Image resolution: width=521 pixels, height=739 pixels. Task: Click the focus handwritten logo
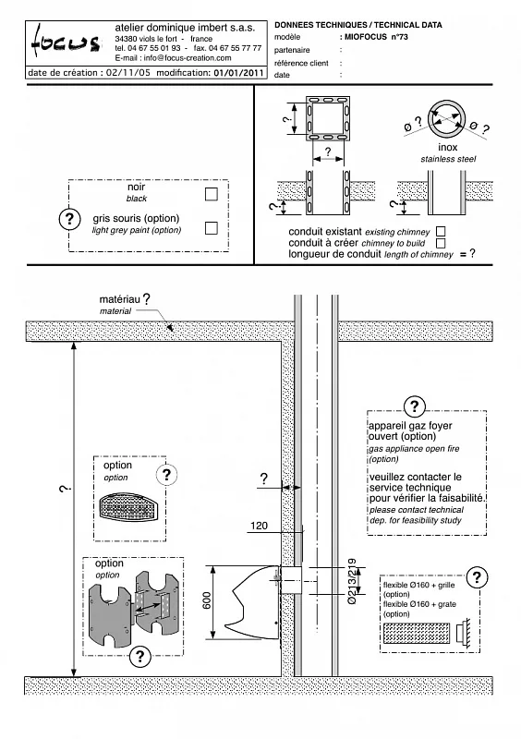tap(66, 42)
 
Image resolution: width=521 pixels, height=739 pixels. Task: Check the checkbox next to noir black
tap(212, 194)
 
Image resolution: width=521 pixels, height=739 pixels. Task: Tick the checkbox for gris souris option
tap(212, 227)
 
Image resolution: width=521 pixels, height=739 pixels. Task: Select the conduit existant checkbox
tap(441, 232)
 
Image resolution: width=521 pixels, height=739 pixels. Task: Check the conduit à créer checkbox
tap(441, 243)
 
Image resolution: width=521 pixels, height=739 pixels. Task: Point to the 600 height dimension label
tap(207, 600)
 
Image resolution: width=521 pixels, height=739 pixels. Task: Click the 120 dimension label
tap(259, 526)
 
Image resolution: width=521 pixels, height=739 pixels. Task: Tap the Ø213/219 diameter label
tap(352, 581)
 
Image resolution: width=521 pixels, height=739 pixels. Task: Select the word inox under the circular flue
tap(447, 148)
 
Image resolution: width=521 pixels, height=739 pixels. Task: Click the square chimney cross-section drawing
tap(328, 118)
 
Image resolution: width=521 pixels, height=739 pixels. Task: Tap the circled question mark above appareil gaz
tap(415, 406)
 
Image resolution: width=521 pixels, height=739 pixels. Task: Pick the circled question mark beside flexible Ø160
tap(477, 577)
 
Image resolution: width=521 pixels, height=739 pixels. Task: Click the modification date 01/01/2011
tap(238, 73)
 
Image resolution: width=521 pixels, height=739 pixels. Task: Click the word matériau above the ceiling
tap(120, 299)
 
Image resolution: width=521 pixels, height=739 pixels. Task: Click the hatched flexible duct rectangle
tap(416, 633)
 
